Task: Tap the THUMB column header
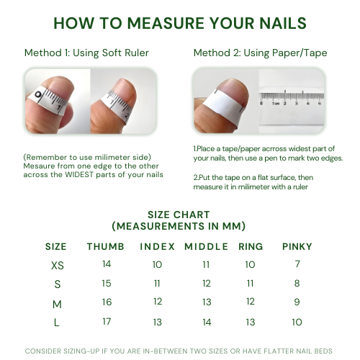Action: tap(106, 247)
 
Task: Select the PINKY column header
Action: tap(297, 247)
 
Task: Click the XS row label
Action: tap(58, 266)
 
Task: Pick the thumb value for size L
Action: tap(107, 322)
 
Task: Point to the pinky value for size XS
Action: tap(297, 264)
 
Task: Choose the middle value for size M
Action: tap(207, 302)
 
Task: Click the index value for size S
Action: tap(157, 284)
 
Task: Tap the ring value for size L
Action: tap(251, 322)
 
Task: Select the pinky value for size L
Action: tap(297, 322)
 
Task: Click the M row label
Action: tap(57, 305)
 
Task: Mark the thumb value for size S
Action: tap(107, 284)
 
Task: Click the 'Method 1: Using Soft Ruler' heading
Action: tap(86, 53)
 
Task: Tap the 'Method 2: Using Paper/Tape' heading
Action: tap(260, 53)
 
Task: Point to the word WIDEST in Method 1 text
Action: tap(79, 174)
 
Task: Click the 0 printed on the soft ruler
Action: tap(38, 94)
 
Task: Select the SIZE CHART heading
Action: tap(179, 215)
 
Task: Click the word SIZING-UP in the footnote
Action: tap(81, 351)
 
